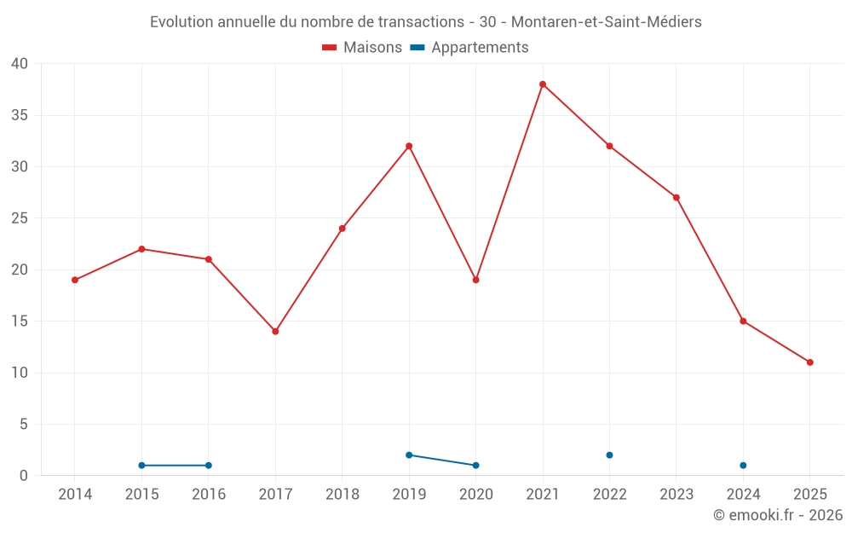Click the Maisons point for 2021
543,84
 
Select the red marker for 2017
275,331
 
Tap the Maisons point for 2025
809,362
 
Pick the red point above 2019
409,146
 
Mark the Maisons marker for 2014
75,280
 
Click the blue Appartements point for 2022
609,455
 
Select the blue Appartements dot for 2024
743,466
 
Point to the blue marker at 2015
141,466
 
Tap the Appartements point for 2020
475,466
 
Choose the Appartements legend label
479,48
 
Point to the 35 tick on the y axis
20,115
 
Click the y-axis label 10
20,373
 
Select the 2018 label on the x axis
342,495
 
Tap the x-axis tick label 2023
676,495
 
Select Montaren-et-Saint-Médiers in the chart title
606,22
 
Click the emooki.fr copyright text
777,515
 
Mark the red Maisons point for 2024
743,321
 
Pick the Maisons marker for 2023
676,197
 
